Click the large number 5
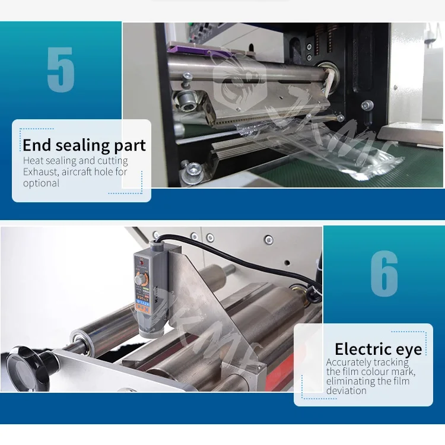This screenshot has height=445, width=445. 61,70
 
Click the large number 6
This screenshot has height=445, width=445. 384,274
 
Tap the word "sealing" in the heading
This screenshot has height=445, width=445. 79,146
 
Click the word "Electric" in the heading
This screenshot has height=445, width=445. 362,349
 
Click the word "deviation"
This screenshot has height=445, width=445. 347,390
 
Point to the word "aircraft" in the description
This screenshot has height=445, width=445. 80,172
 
